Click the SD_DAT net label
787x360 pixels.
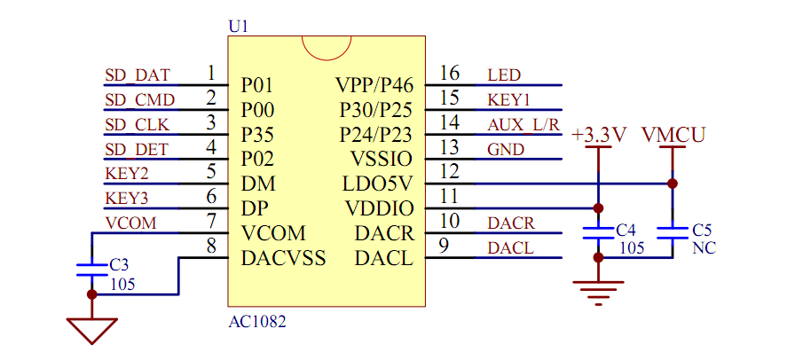pos(137,74)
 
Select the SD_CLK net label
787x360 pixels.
pos(137,124)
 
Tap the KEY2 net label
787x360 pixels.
pos(127,173)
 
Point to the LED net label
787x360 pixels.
pos(504,74)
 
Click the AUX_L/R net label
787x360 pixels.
pos(523,124)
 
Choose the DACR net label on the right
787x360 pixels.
pos(511,223)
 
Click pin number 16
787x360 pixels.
pos(450,73)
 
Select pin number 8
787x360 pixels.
pos(211,246)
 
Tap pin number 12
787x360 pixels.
pos(450,171)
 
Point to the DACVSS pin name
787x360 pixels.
pos(283,259)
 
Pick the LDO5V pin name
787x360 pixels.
pos(378,184)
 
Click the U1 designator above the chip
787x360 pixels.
pos(239,27)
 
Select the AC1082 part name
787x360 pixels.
pos(257,322)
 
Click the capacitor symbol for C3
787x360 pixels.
pos(91,267)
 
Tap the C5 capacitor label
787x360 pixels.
pos(702,229)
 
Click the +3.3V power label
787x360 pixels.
pos(600,135)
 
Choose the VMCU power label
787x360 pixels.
pos(673,135)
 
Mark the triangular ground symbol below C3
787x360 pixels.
pos(91,330)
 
